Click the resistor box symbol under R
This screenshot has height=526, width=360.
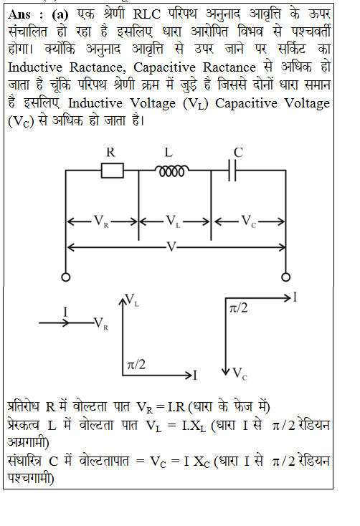(x=112, y=171)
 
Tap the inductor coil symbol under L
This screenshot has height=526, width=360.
(x=171, y=171)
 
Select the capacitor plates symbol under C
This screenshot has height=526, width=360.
(x=232, y=171)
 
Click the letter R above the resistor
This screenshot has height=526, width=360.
(x=110, y=153)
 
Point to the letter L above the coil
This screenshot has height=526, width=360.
(x=169, y=153)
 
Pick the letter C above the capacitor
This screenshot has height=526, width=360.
(x=238, y=153)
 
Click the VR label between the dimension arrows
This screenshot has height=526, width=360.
(x=101, y=221)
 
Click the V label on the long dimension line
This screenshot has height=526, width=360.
(x=171, y=247)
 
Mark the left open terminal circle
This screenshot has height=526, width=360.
(x=66, y=277)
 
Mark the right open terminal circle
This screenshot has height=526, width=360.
(x=286, y=277)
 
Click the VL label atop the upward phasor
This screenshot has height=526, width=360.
(x=132, y=300)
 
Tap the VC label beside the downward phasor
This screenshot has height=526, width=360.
(x=240, y=373)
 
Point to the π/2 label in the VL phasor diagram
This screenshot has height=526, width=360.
(x=136, y=364)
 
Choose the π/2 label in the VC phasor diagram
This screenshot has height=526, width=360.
(x=238, y=307)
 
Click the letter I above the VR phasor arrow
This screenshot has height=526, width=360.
(x=65, y=312)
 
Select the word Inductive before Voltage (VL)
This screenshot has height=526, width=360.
(x=95, y=103)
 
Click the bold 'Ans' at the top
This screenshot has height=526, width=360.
(x=19, y=14)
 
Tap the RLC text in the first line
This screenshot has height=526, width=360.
(x=147, y=14)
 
